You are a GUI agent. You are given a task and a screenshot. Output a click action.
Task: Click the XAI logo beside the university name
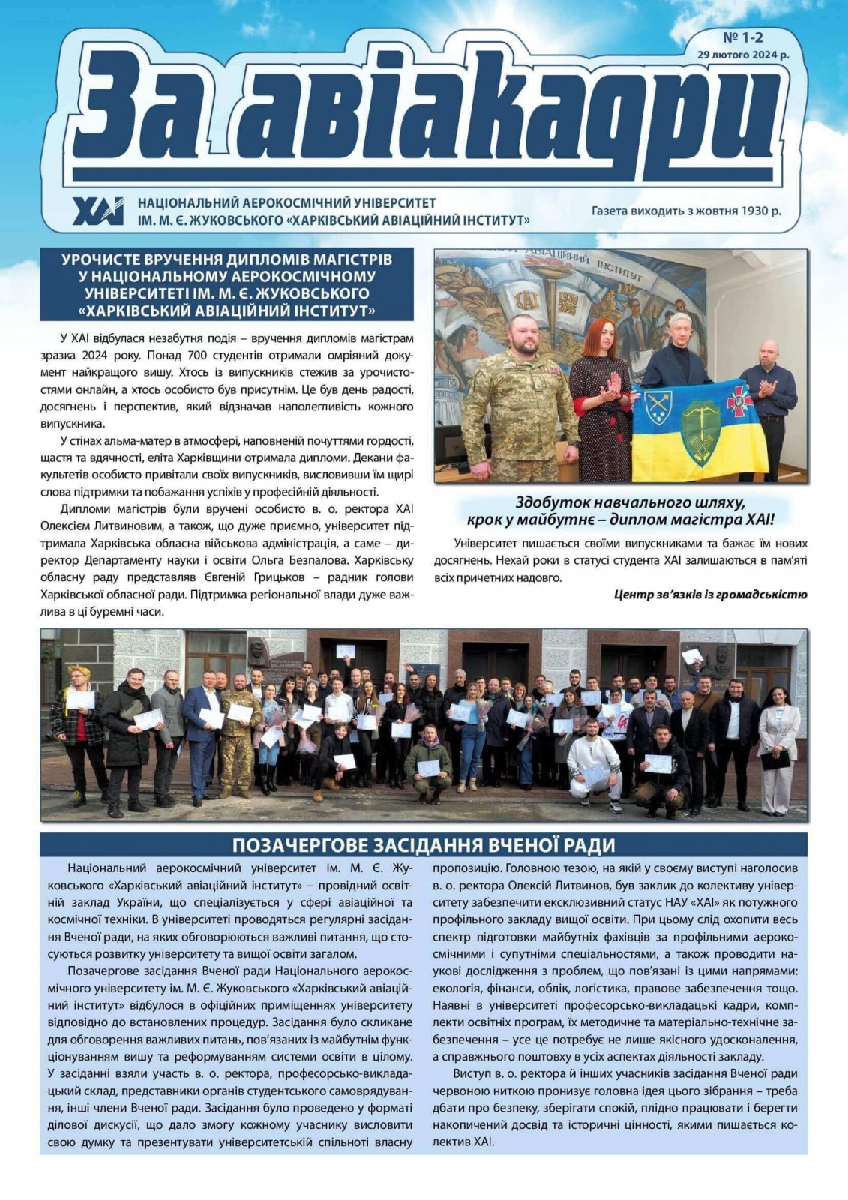[98, 211]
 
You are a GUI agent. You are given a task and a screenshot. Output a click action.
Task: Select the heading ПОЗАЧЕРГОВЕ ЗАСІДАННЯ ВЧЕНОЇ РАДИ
[424, 845]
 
